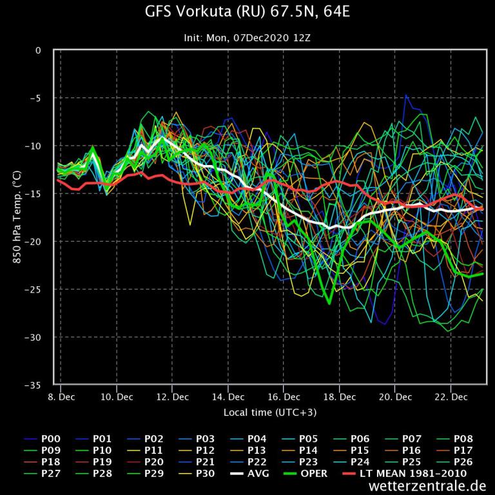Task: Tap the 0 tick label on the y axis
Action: [38, 50]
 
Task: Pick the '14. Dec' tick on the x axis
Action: [228, 397]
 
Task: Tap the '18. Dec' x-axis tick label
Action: [339, 397]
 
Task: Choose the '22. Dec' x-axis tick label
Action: [451, 397]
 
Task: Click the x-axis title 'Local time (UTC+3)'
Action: [270, 412]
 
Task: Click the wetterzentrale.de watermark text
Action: [428, 485]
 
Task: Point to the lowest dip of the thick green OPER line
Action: [329, 303]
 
